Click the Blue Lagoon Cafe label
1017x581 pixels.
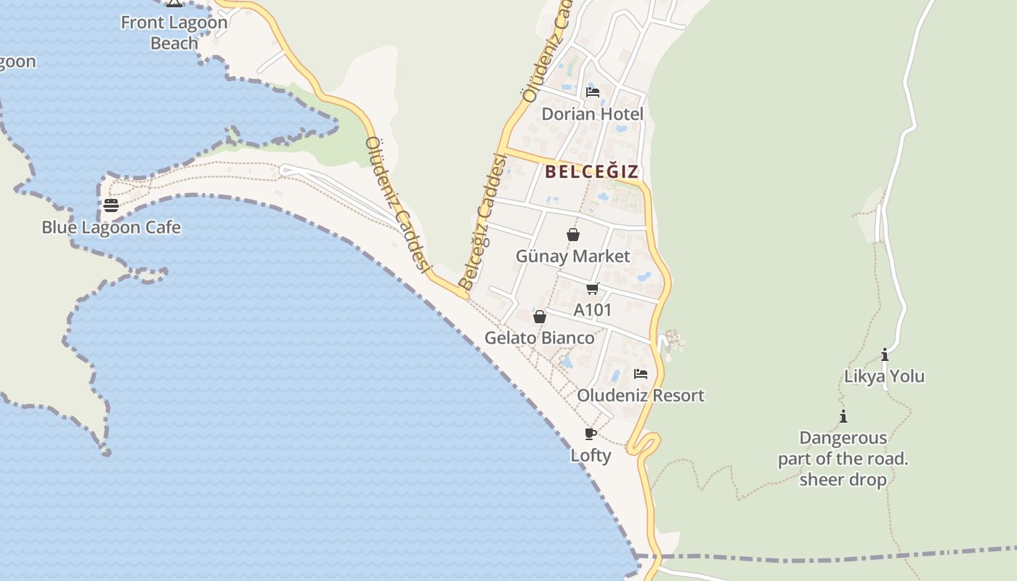(x=111, y=227)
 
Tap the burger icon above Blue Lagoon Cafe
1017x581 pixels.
(x=111, y=206)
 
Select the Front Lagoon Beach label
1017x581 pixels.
(x=174, y=33)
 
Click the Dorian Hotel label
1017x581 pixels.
(x=593, y=114)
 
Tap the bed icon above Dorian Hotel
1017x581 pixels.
(x=593, y=92)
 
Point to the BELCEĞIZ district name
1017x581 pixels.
(x=592, y=171)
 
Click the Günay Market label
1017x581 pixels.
(x=573, y=256)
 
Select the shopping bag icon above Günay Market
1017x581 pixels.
(x=573, y=235)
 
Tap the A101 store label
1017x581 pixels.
(x=593, y=310)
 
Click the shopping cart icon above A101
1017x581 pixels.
(x=593, y=289)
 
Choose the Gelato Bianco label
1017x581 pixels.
(x=540, y=338)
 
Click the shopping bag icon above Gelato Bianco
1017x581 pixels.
(x=540, y=317)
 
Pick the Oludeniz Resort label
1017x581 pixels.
(x=641, y=396)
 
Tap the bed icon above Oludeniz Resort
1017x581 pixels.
(x=641, y=374)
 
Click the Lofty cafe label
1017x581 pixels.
(x=591, y=455)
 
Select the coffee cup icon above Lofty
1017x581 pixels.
(x=591, y=434)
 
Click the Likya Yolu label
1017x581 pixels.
(x=884, y=376)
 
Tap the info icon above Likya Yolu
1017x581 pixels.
(x=885, y=355)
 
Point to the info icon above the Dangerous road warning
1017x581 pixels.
(x=843, y=417)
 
